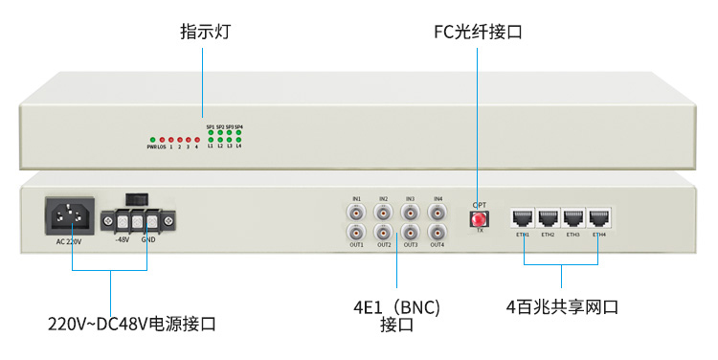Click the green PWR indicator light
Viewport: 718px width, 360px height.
[151, 140]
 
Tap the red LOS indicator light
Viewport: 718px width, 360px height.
[161, 140]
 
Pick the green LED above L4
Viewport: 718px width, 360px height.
[238, 140]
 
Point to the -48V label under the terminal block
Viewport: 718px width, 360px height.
[122, 240]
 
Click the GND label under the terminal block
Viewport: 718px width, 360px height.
[148, 240]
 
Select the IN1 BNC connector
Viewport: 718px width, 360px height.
[356, 212]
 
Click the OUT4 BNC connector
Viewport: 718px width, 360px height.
[437, 232]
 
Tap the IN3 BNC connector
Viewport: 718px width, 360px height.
[410, 212]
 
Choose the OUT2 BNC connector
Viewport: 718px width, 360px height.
[383, 232]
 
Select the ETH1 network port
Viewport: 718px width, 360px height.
[523, 216]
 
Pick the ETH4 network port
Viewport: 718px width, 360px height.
[599, 216]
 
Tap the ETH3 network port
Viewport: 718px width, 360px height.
[573, 216]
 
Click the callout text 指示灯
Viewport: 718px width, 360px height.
[205, 33]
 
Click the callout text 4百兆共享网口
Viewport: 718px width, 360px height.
[562, 307]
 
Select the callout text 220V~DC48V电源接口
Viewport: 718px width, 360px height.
[132, 325]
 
